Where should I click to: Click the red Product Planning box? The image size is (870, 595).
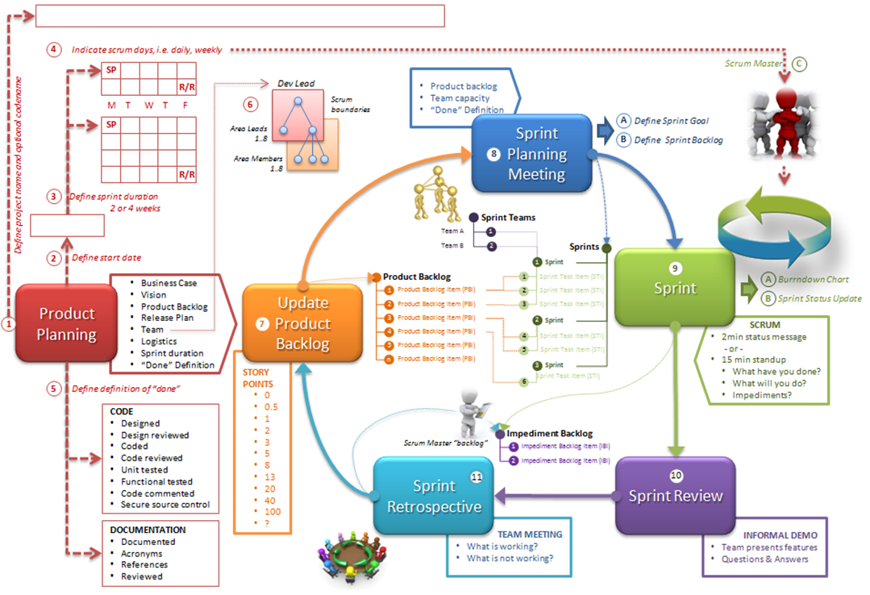(x=67, y=324)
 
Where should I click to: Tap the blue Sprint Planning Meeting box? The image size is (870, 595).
(x=536, y=153)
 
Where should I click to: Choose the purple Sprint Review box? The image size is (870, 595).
(x=676, y=495)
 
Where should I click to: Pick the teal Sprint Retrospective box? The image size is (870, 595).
(x=434, y=495)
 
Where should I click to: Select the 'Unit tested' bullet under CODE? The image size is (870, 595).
(x=144, y=470)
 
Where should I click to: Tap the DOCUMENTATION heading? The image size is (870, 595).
(x=148, y=531)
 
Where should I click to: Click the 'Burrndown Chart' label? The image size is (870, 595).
(x=813, y=280)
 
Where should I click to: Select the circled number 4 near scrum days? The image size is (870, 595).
(x=53, y=49)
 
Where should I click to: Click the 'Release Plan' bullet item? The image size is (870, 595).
(x=167, y=318)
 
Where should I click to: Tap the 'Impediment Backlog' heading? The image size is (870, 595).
(x=549, y=433)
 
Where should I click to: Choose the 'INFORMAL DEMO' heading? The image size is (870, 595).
(x=780, y=535)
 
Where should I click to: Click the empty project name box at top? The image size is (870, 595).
(x=240, y=15)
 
